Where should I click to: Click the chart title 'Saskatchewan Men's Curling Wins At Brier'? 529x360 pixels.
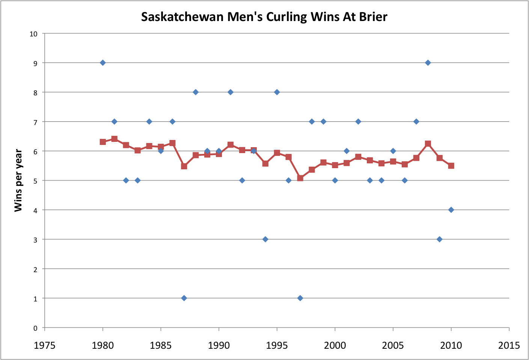[264, 17]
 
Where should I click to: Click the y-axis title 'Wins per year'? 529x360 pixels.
[18, 180]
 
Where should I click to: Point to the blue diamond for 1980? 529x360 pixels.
[103, 63]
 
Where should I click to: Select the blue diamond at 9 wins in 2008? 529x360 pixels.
[428, 63]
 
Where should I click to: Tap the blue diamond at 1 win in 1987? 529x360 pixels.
[184, 298]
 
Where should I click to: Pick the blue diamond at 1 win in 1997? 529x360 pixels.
[300, 298]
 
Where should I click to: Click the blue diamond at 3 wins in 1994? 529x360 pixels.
[265, 239]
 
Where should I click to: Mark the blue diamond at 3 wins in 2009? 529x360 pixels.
[439, 239]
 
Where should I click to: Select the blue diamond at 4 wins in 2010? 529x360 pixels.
[451, 210]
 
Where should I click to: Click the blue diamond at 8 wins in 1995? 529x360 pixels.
[277, 92]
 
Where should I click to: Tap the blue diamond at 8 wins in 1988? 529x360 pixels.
[196, 92]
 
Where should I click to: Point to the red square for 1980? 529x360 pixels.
[103, 142]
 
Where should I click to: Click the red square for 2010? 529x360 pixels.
[451, 166]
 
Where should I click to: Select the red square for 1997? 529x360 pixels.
[300, 178]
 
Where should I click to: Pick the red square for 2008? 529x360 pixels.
[428, 144]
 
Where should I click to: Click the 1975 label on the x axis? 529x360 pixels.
[45, 345]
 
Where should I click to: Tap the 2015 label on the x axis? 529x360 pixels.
[509, 345]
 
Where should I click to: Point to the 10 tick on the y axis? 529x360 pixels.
[34, 34]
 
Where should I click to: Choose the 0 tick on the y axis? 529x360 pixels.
[35, 328]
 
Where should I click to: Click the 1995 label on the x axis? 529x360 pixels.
[277, 345]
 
